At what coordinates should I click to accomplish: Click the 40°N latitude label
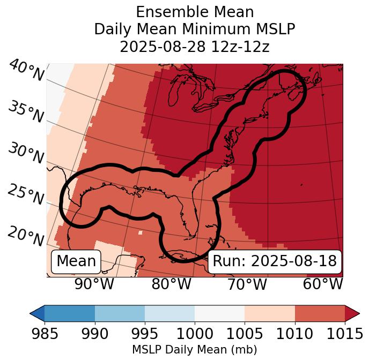26,71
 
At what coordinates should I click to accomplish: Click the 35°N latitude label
26,112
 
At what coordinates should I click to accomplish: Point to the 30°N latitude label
26,154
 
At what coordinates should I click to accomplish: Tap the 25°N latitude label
26,194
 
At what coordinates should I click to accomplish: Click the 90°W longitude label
94,284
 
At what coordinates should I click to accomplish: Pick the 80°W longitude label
171,284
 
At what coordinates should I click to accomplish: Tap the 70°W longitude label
247,284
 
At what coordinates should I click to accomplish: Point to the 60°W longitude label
322,284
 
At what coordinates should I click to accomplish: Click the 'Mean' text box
76,261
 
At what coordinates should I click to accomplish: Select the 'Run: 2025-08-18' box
275,261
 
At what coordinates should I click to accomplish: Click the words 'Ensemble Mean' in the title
195,12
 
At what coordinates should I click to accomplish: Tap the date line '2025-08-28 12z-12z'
195,47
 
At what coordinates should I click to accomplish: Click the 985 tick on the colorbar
45,334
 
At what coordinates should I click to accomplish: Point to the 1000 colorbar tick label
195,334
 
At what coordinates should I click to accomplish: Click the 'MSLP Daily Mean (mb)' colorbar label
195,350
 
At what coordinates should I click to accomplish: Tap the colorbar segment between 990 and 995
120,313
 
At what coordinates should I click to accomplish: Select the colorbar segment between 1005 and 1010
270,313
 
